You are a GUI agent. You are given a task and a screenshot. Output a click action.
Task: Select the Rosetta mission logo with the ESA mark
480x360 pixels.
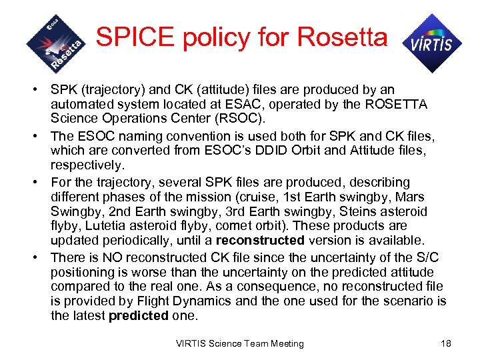(x=57, y=43)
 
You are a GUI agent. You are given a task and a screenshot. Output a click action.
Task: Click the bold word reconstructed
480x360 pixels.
(x=261, y=241)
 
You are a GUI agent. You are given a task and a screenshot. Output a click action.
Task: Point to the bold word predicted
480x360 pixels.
(x=138, y=315)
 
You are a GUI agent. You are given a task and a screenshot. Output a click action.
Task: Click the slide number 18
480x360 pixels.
(x=446, y=343)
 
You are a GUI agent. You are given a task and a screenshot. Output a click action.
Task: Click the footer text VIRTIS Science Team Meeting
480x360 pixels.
(x=239, y=343)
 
